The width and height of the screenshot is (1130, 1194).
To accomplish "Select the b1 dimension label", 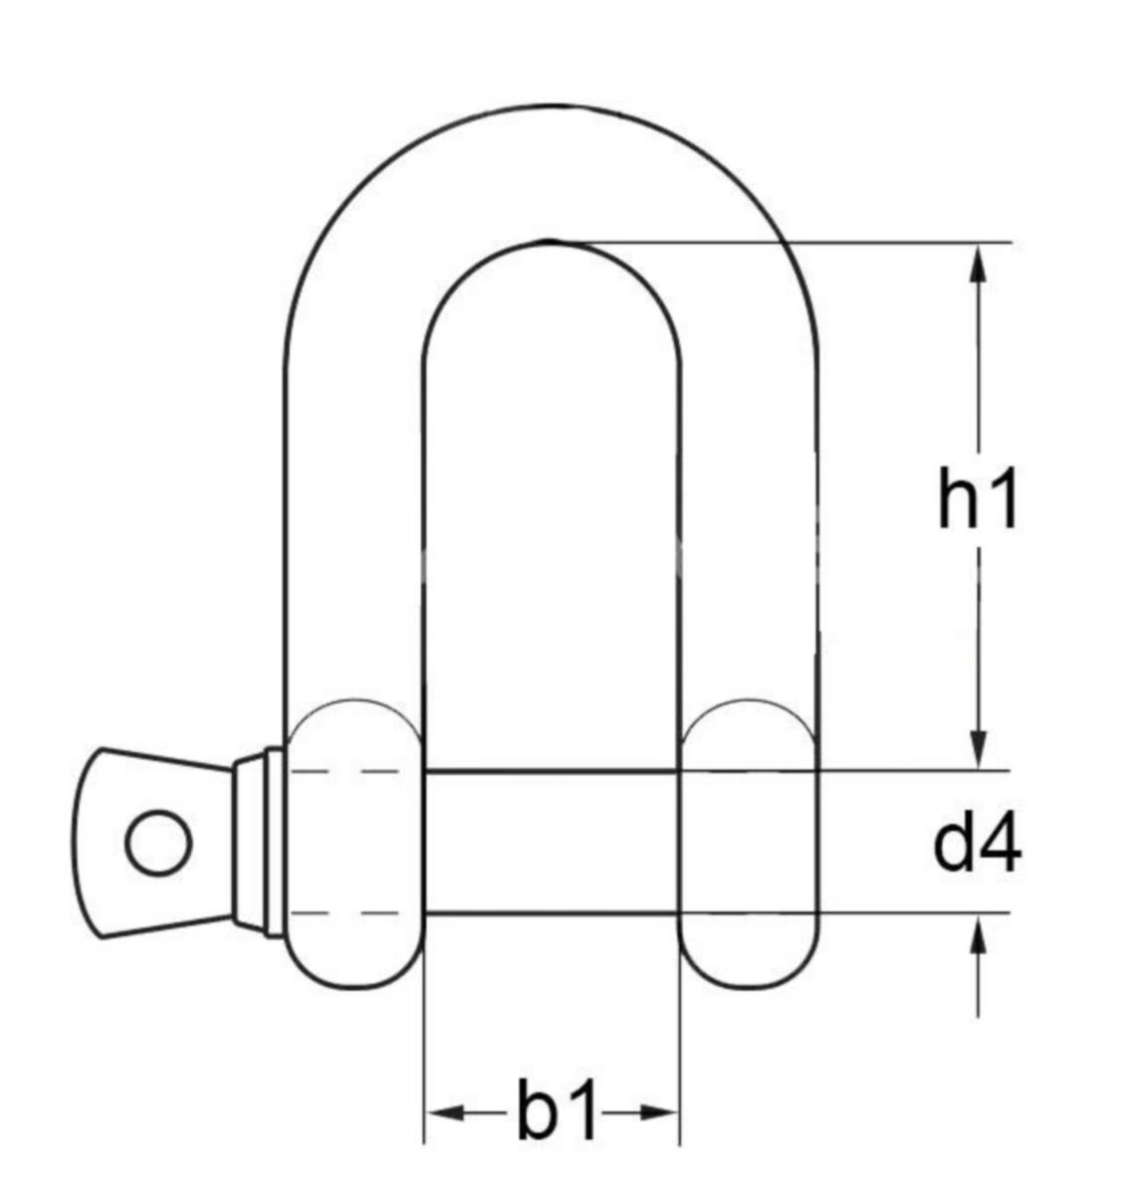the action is click(x=555, y=1109).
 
